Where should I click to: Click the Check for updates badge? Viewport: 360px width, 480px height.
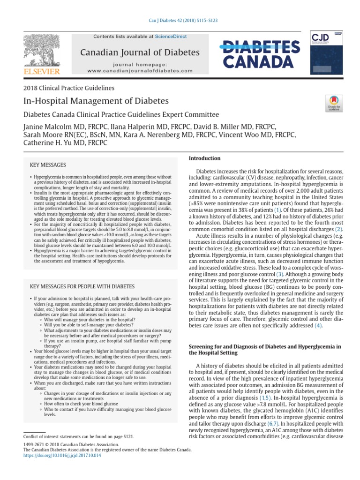pos(333,104)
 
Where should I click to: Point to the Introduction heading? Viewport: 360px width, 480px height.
pos(204,158)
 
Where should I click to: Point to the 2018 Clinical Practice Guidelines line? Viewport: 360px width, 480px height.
pos(68,88)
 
